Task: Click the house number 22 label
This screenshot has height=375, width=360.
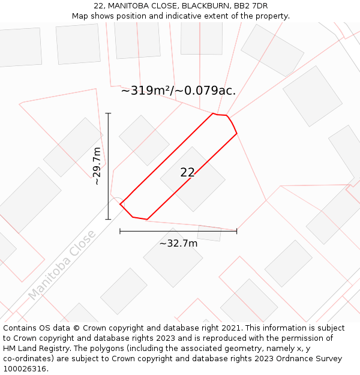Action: pos(187,172)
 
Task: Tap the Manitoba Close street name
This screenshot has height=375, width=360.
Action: pos(61,265)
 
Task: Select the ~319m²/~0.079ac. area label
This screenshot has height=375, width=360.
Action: pos(178,91)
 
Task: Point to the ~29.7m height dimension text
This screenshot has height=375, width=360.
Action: pos(97,166)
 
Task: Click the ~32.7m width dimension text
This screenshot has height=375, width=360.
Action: pos(178,243)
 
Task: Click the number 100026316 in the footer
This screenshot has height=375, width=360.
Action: pos(25,369)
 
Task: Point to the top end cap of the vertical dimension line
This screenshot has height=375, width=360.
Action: pos(109,113)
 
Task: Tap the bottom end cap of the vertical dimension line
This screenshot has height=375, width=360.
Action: pos(109,220)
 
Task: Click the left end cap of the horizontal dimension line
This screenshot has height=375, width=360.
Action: pos(120,231)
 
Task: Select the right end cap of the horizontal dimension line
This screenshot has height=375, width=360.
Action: pos(237,231)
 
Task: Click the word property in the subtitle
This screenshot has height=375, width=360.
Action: pos(271,16)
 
